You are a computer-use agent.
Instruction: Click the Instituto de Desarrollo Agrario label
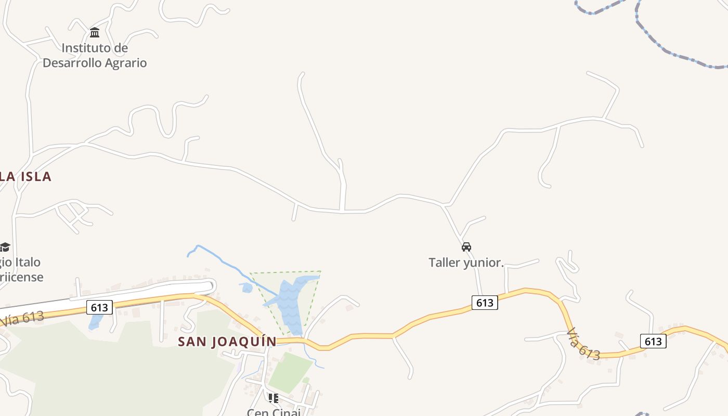tap(95, 56)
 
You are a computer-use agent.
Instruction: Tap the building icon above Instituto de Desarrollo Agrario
tap(95, 33)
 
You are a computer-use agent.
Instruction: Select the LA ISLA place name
tap(25, 177)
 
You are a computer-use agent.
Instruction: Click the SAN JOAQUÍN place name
tap(227, 342)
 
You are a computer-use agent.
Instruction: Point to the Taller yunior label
tap(466, 263)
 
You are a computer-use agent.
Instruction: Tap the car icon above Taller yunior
tap(466, 246)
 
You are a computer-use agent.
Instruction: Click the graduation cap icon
tap(5, 246)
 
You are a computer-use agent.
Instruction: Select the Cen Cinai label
tap(274, 412)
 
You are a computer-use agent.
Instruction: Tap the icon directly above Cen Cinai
tap(273, 398)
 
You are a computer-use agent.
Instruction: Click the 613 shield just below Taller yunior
tap(485, 302)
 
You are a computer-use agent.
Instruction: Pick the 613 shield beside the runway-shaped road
tap(99, 307)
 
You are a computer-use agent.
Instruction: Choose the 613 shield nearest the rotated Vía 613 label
tap(653, 341)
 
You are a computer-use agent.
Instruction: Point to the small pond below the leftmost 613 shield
tap(95, 322)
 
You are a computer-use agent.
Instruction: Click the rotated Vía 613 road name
tap(583, 344)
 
